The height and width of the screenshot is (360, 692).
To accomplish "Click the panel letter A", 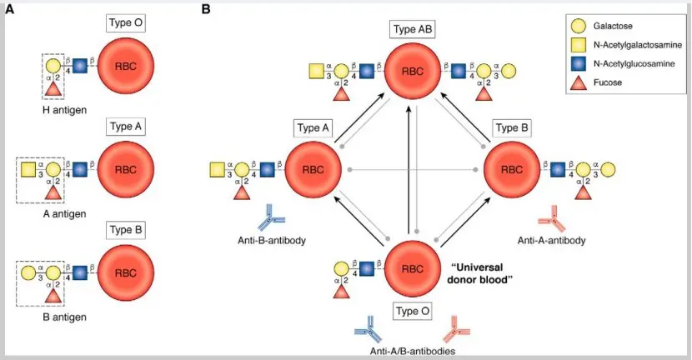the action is point(9,9).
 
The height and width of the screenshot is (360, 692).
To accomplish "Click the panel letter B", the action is point(206,9).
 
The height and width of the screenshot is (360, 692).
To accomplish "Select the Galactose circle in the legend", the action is point(578,26).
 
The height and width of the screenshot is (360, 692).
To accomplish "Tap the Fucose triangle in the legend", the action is point(578,82).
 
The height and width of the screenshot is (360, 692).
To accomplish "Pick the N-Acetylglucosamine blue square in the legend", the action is point(578,63).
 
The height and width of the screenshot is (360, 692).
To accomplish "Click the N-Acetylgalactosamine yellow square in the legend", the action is point(578,44).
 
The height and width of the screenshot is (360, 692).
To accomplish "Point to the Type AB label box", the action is point(413,30).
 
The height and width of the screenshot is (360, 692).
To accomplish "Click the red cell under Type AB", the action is point(413,71).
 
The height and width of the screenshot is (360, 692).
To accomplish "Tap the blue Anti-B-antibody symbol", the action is point(272,217).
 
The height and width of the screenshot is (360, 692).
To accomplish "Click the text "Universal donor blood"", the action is point(479,273).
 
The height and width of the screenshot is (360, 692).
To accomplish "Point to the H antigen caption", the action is point(64,110).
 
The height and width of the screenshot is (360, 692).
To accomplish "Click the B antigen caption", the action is point(64,317).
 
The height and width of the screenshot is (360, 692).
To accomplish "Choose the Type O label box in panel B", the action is point(413,311).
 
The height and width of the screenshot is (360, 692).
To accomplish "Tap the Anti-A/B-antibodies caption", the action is point(413,352).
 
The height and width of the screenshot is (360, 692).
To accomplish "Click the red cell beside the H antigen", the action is point(126,66).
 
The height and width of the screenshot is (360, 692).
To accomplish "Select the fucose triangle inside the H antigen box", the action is point(53,88).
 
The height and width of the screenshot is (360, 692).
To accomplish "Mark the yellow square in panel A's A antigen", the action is point(28,169).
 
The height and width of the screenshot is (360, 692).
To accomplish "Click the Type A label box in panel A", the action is point(126,127).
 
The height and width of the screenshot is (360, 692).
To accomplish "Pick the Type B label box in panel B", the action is point(512,128).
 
